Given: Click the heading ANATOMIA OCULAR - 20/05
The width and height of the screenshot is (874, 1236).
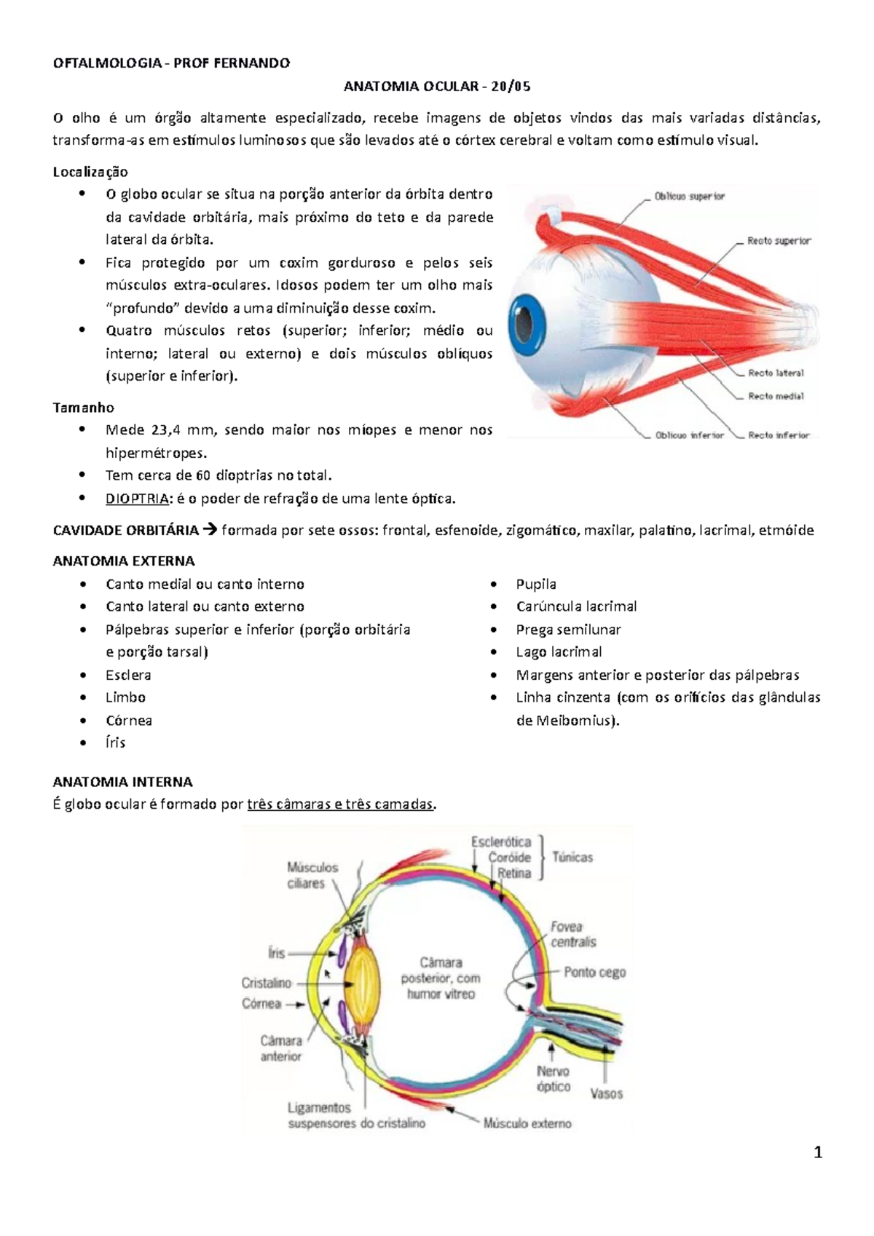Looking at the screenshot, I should [x=437, y=87].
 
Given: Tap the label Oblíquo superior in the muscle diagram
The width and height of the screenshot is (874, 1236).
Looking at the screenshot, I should [x=689, y=197].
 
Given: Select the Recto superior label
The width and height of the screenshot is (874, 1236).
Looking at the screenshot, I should [x=779, y=241].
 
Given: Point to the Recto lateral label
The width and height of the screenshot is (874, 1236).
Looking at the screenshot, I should [x=776, y=373].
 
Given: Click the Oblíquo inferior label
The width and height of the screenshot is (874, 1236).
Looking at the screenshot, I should [x=689, y=435].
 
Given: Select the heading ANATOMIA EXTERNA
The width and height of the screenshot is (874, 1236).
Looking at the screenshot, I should [x=124, y=561].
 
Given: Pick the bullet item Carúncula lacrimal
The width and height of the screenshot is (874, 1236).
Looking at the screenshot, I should [x=576, y=606].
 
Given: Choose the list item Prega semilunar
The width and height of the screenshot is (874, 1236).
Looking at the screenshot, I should [x=568, y=630].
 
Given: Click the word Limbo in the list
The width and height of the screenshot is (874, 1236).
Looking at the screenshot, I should [x=125, y=697].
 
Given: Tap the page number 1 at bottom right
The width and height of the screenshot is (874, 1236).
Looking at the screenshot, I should [x=818, y=1152].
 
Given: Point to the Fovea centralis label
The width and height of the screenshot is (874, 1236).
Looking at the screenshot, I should [x=572, y=934].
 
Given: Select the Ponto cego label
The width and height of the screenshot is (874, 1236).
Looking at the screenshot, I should [x=594, y=972].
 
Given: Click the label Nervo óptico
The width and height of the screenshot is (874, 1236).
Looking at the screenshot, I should [x=554, y=1079].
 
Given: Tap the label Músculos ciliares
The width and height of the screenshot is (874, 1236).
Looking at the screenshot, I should [x=312, y=875].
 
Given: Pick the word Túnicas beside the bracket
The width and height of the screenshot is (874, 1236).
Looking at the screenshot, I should [x=572, y=857].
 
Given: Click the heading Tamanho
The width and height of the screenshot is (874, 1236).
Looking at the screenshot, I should [x=83, y=408].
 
